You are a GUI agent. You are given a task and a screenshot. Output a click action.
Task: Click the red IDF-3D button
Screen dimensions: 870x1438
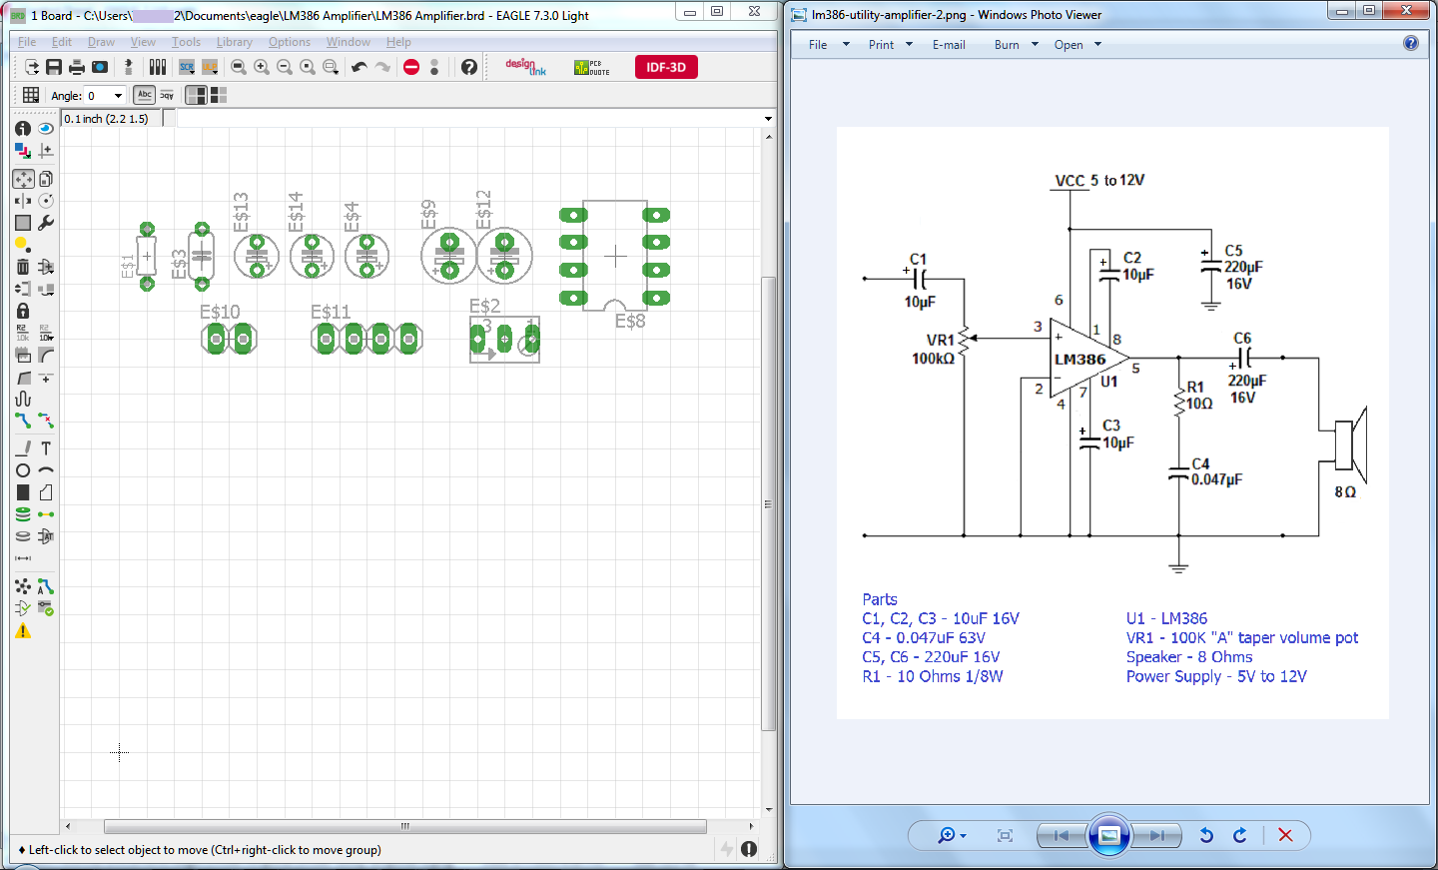pyautogui.click(x=666, y=67)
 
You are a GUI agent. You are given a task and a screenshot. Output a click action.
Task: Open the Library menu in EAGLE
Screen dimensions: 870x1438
pyautogui.click(x=234, y=42)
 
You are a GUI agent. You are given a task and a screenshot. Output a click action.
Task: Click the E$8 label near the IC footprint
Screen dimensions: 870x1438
pyautogui.click(x=629, y=321)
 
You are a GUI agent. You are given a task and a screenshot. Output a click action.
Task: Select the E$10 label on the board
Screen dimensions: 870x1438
pyautogui.click(x=220, y=312)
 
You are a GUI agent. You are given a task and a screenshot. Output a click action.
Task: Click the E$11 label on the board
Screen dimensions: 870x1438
pyautogui.click(x=331, y=312)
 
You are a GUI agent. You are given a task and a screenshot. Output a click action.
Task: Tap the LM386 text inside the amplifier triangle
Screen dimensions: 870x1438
pyautogui.click(x=1079, y=360)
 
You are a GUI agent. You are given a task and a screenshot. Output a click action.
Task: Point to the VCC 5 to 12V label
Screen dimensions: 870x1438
pyautogui.click(x=1099, y=181)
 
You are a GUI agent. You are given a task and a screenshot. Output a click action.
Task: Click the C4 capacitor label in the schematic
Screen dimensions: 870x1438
pyautogui.click(x=1200, y=464)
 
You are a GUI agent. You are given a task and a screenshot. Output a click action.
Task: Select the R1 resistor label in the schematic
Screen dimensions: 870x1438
pyautogui.click(x=1195, y=388)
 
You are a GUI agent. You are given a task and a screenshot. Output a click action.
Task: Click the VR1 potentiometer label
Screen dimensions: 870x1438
pyautogui.click(x=940, y=341)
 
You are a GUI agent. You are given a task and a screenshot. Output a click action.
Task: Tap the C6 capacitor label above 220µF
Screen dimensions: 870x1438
pyautogui.click(x=1242, y=339)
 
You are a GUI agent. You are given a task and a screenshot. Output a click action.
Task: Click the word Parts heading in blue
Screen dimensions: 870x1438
pyautogui.click(x=880, y=599)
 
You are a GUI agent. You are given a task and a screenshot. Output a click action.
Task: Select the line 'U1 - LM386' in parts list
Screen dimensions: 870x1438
pyautogui.click(x=1166, y=618)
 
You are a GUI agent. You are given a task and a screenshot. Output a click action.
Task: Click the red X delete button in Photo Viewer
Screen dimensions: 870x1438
pyautogui.click(x=1285, y=835)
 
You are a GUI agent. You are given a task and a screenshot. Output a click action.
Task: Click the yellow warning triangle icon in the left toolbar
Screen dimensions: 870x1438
pyautogui.click(x=23, y=631)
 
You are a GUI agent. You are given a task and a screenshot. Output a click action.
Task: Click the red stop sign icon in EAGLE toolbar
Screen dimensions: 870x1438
pyautogui.click(x=411, y=67)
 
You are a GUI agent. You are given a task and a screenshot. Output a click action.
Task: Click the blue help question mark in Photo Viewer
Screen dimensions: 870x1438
pyautogui.click(x=1410, y=44)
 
